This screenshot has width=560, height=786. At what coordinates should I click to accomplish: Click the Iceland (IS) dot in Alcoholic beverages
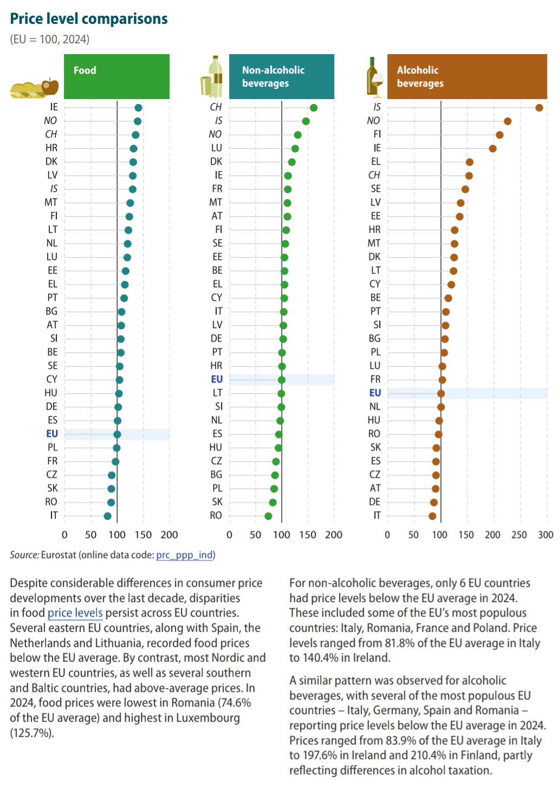click(x=539, y=108)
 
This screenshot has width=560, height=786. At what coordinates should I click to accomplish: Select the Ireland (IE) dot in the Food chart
click(x=138, y=108)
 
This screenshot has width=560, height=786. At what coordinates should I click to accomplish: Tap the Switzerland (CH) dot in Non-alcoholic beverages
click(x=313, y=108)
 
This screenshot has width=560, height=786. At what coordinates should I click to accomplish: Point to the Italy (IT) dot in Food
click(x=107, y=516)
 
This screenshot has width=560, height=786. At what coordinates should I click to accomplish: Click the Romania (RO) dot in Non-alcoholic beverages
click(x=268, y=516)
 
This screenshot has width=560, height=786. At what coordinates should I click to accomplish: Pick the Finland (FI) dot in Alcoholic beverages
click(x=499, y=135)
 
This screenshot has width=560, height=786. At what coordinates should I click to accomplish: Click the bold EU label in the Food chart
click(x=52, y=434)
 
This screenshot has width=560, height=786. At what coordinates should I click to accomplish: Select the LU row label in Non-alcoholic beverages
click(x=217, y=148)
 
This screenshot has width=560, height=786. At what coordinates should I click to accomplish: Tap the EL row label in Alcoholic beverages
click(x=376, y=162)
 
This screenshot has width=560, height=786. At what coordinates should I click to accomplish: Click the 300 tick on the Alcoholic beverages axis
click(x=545, y=535)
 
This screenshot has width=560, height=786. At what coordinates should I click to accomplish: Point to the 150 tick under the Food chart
click(x=143, y=535)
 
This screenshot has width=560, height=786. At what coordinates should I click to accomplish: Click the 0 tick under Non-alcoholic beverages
click(x=229, y=535)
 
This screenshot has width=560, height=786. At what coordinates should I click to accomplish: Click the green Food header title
click(x=85, y=70)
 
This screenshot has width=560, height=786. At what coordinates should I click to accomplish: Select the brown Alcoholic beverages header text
click(x=420, y=76)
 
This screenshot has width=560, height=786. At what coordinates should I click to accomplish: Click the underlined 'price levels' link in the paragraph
click(x=75, y=613)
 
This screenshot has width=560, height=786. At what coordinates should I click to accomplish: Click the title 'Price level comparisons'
click(x=89, y=19)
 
